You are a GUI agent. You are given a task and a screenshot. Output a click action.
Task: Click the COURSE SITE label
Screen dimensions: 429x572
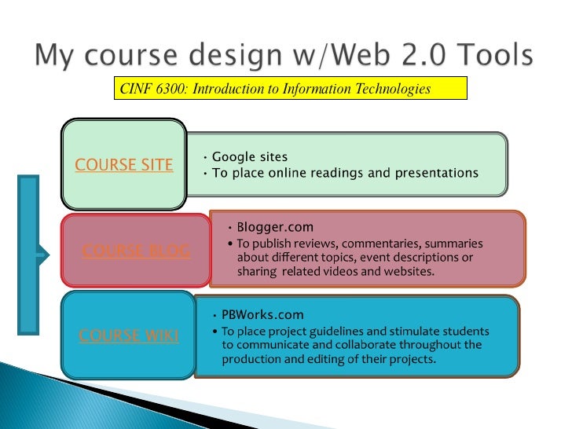(x=124, y=166)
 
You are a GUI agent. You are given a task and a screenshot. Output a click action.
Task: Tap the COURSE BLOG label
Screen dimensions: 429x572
(x=135, y=251)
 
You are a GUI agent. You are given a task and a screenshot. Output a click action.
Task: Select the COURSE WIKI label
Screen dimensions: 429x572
(x=129, y=335)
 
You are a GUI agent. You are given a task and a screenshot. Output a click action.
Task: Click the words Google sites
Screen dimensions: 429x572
(x=250, y=157)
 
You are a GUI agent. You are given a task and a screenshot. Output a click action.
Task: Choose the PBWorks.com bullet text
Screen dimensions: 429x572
(x=262, y=315)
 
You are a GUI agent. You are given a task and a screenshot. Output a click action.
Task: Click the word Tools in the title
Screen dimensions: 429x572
(x=490, y=57)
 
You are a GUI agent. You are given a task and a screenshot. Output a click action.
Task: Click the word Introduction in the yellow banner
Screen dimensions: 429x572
(x=229, y=89)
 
